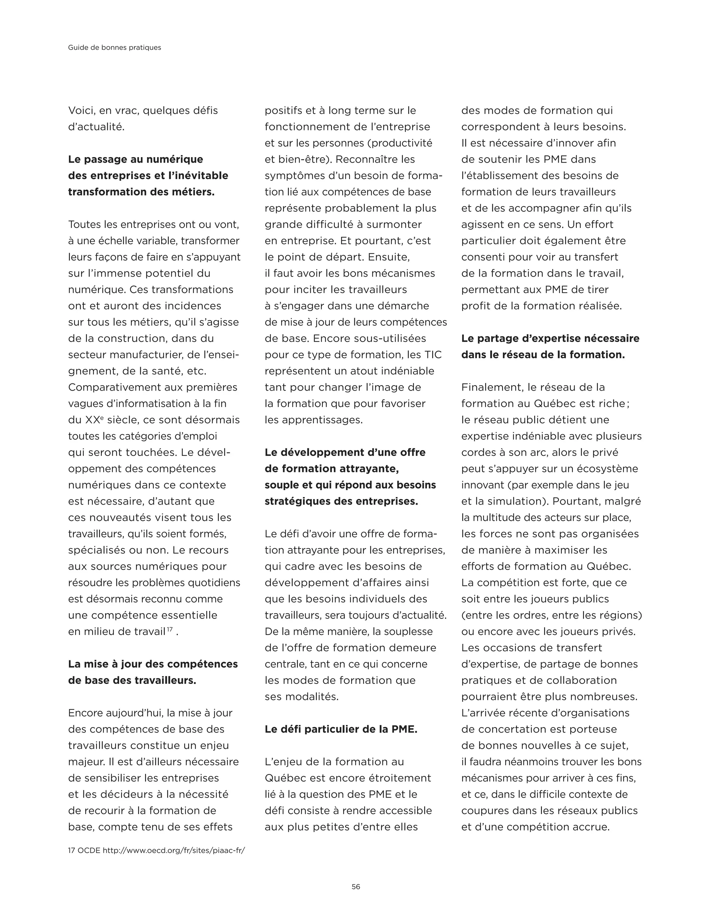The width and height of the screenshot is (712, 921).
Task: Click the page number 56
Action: click(356, 887)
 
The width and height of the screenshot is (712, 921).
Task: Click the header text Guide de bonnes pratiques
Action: click(114, 48)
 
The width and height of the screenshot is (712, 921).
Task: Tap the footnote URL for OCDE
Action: click(174, 850)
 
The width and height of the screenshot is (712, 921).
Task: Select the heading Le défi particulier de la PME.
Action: click(341, 729)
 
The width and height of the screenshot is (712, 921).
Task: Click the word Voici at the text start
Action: click(82, 111)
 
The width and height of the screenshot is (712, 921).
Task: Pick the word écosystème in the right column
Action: click(609, 468)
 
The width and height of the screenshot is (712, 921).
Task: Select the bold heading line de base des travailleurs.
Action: click(132, 680)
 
